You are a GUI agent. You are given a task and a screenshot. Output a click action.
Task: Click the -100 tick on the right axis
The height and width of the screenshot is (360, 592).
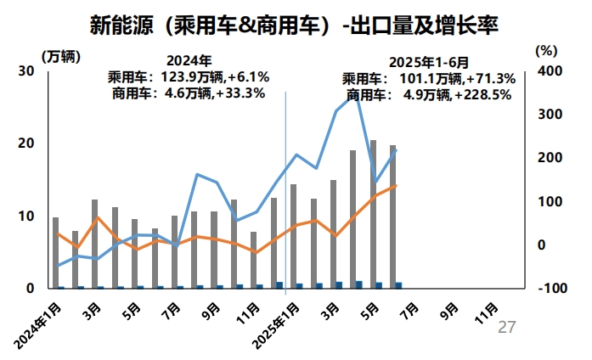pyautogui.click(x=548, y=289)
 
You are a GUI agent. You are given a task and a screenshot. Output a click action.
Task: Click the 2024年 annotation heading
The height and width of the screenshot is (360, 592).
pyautogui.click(x=188, y=61)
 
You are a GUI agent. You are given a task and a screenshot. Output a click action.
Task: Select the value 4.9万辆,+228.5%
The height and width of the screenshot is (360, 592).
pyautogui.click(x=458, y=95)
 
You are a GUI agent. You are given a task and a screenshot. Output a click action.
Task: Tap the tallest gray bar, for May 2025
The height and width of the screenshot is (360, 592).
pyautogui.click(x=373, y=212)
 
